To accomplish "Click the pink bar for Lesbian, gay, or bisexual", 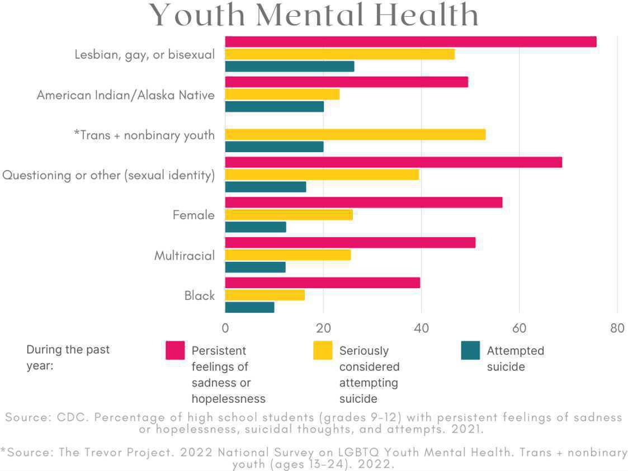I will point(410,42).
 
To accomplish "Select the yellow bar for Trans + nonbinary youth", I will point(355,134).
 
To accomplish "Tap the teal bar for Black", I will point(249,307).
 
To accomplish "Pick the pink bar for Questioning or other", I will point(393,162).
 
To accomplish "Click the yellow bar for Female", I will point(289,215).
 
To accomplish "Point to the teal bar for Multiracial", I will point(255,267).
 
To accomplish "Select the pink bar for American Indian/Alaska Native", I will point(346,82).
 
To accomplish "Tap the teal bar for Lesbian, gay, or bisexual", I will point(289,67).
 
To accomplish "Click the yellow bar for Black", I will point(265,295).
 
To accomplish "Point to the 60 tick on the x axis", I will point(519,328).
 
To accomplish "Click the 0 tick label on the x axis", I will point(225,328).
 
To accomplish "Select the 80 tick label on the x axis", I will point(617,328).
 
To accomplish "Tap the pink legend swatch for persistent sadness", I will point(175,351).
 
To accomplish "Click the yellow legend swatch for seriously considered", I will point(323,351).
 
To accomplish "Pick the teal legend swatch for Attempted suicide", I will point(470,351).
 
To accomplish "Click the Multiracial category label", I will point(185,256).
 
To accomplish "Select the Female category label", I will point(193,215).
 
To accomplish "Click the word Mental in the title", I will point(313,15).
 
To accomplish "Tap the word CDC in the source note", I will point(68,417).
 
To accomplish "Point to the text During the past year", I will point(68,358).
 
